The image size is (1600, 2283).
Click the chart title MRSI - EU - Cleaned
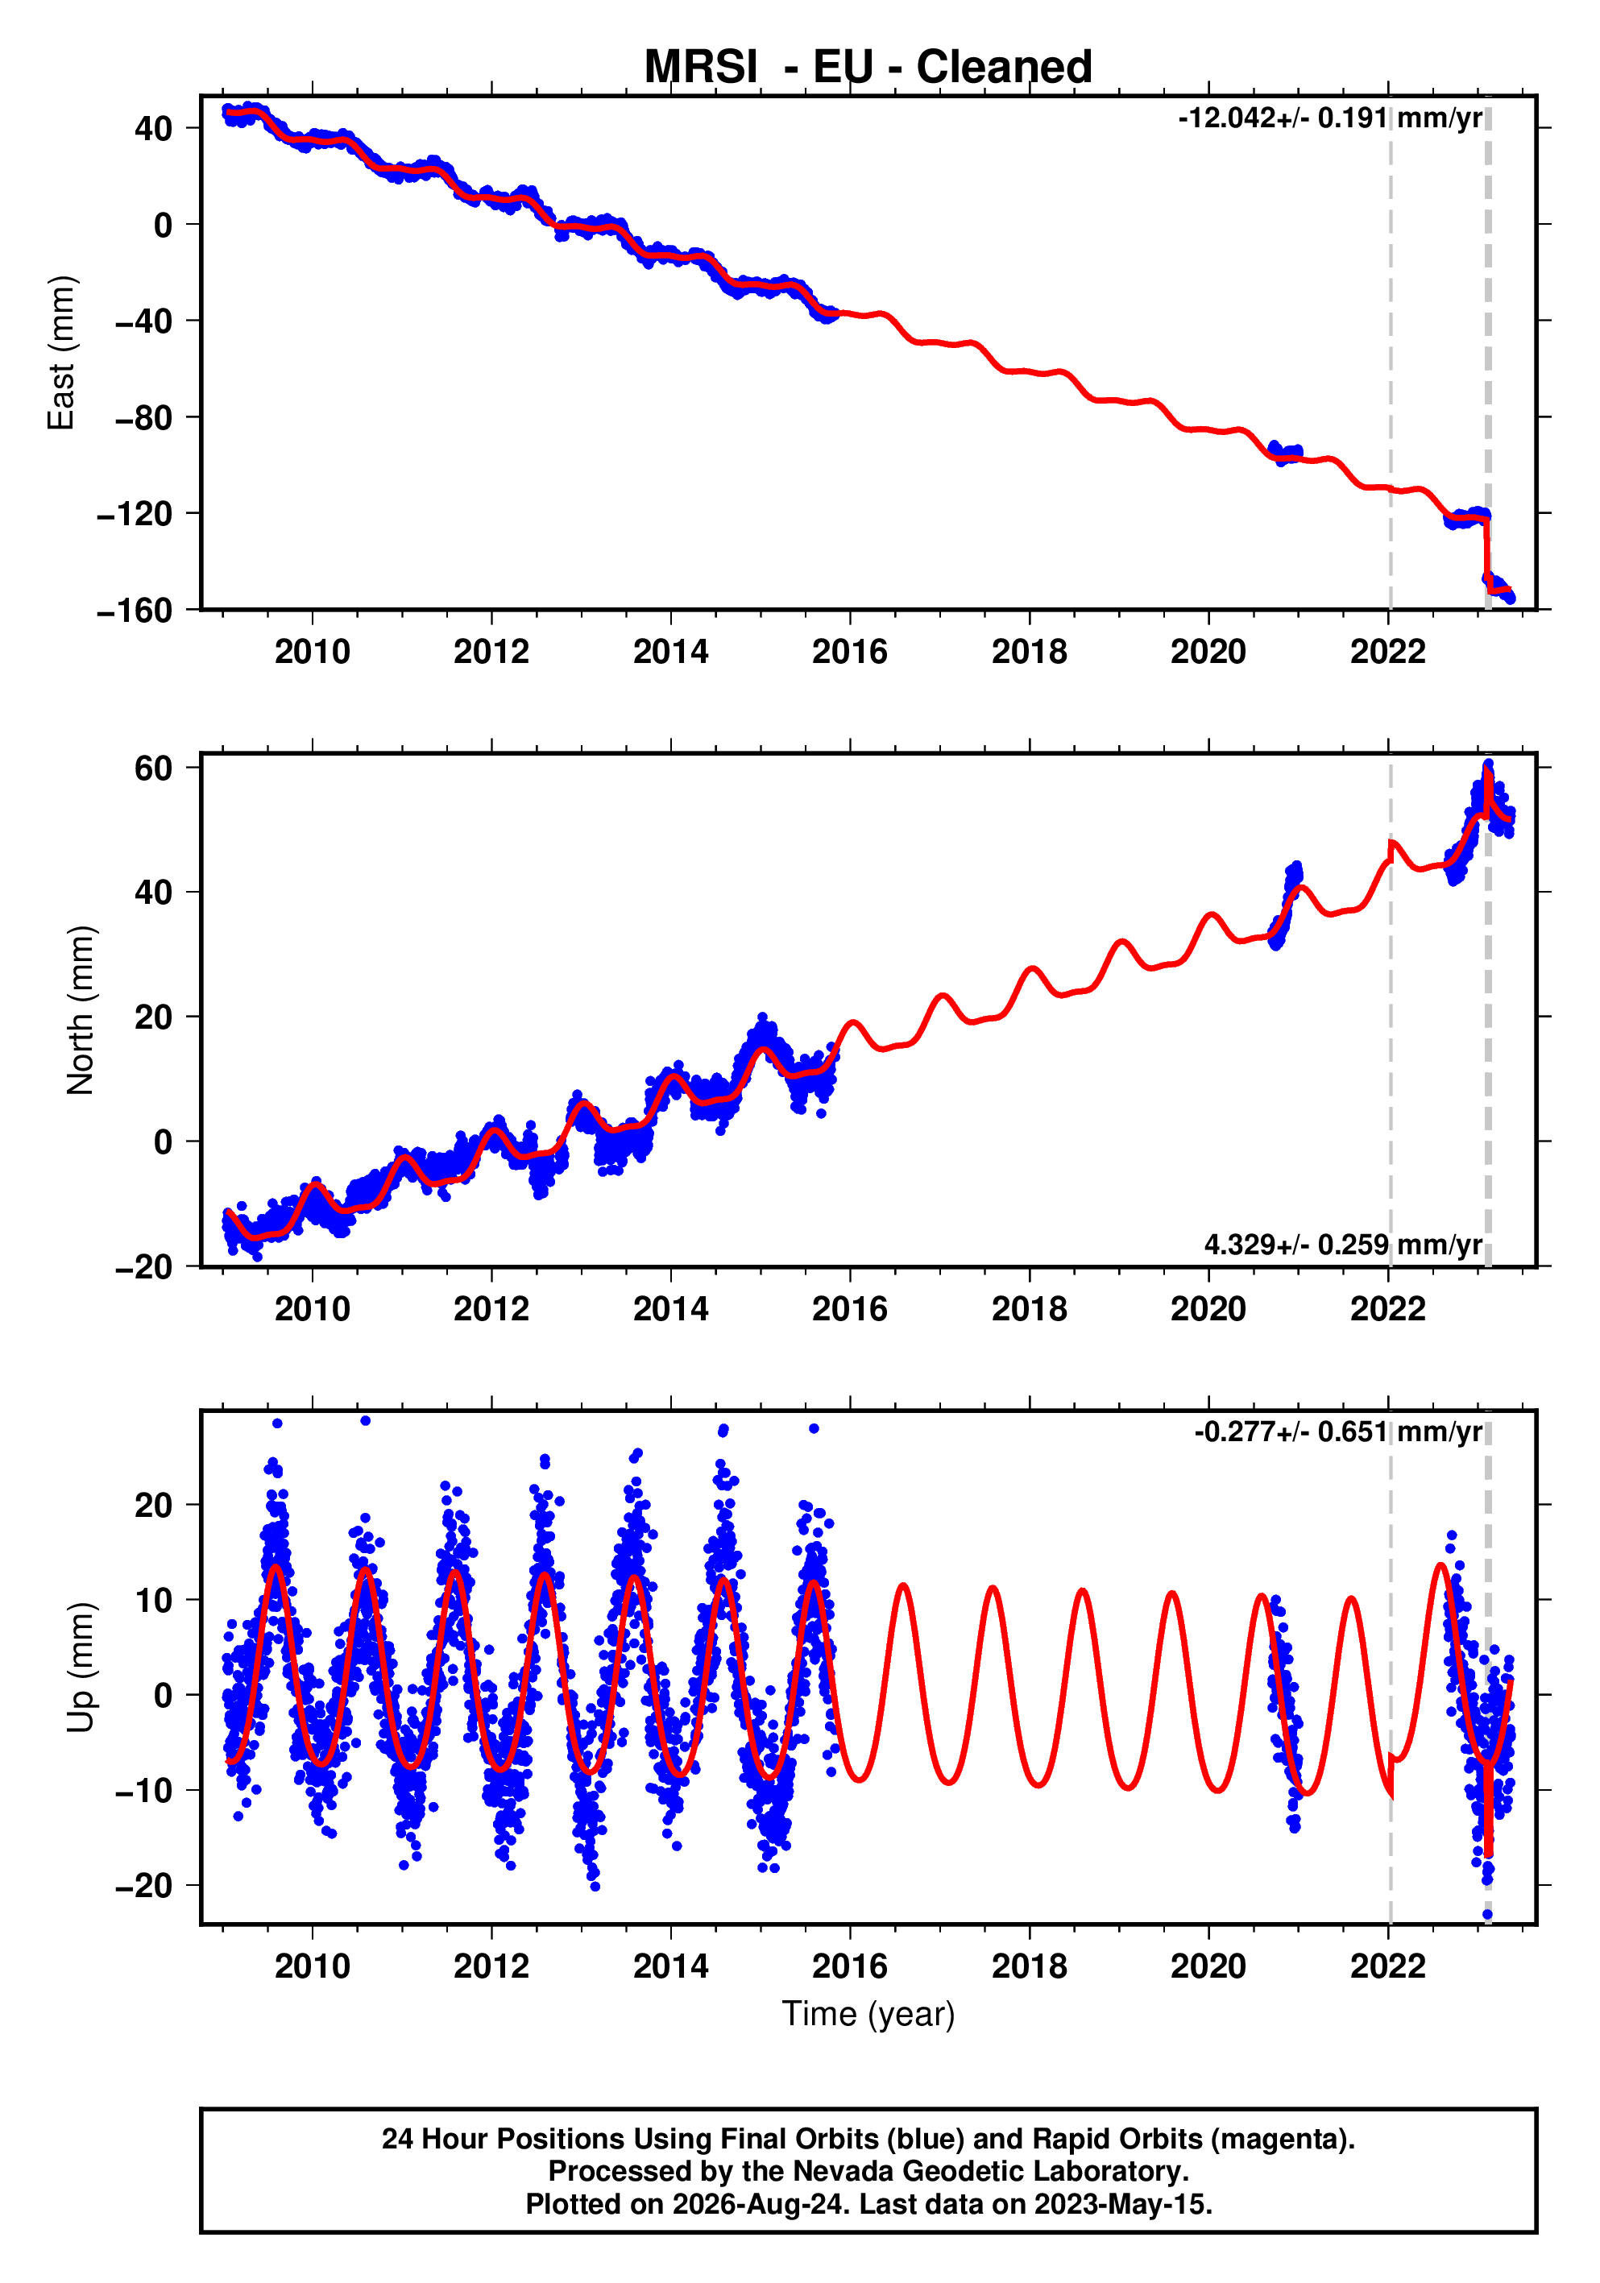[x=868, y=67]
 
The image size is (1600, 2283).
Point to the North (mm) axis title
[x=81, y=1010]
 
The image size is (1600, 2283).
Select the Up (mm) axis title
[x=81, y=1668]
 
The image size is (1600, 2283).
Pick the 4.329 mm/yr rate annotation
[x=1344, y=1245]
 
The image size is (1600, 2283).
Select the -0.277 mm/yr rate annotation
[x=1338, y=1432]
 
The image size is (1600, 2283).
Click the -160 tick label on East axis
[x=135, y=611]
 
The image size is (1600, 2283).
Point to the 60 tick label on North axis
[x=154, y=768]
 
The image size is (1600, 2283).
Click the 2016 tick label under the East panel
[x=850, y=653]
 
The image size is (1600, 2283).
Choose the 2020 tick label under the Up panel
[x=1208, y=1966]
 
